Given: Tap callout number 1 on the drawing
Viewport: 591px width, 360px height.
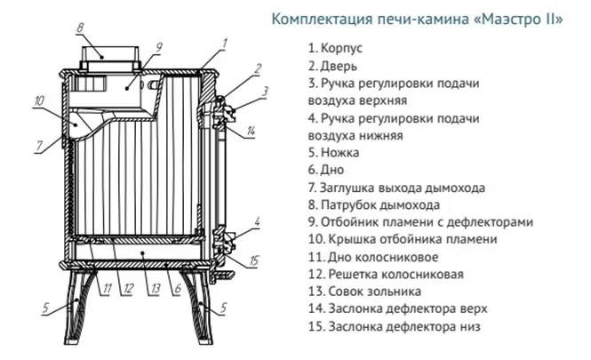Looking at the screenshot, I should [x=226, y=42].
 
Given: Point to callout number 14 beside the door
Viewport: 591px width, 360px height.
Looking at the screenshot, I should [x=252, y=132].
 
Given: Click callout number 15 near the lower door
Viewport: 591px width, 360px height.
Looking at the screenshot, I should [x=254, y=260].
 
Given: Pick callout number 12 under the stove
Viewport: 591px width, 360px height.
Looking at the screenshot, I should [x=129, y=287].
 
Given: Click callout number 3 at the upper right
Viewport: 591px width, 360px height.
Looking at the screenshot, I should [x=264, y=91].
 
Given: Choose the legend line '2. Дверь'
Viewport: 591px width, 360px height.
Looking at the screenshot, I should [x=331, y=66].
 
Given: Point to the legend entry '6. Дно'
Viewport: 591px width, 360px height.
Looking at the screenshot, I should [x=325, y=169].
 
